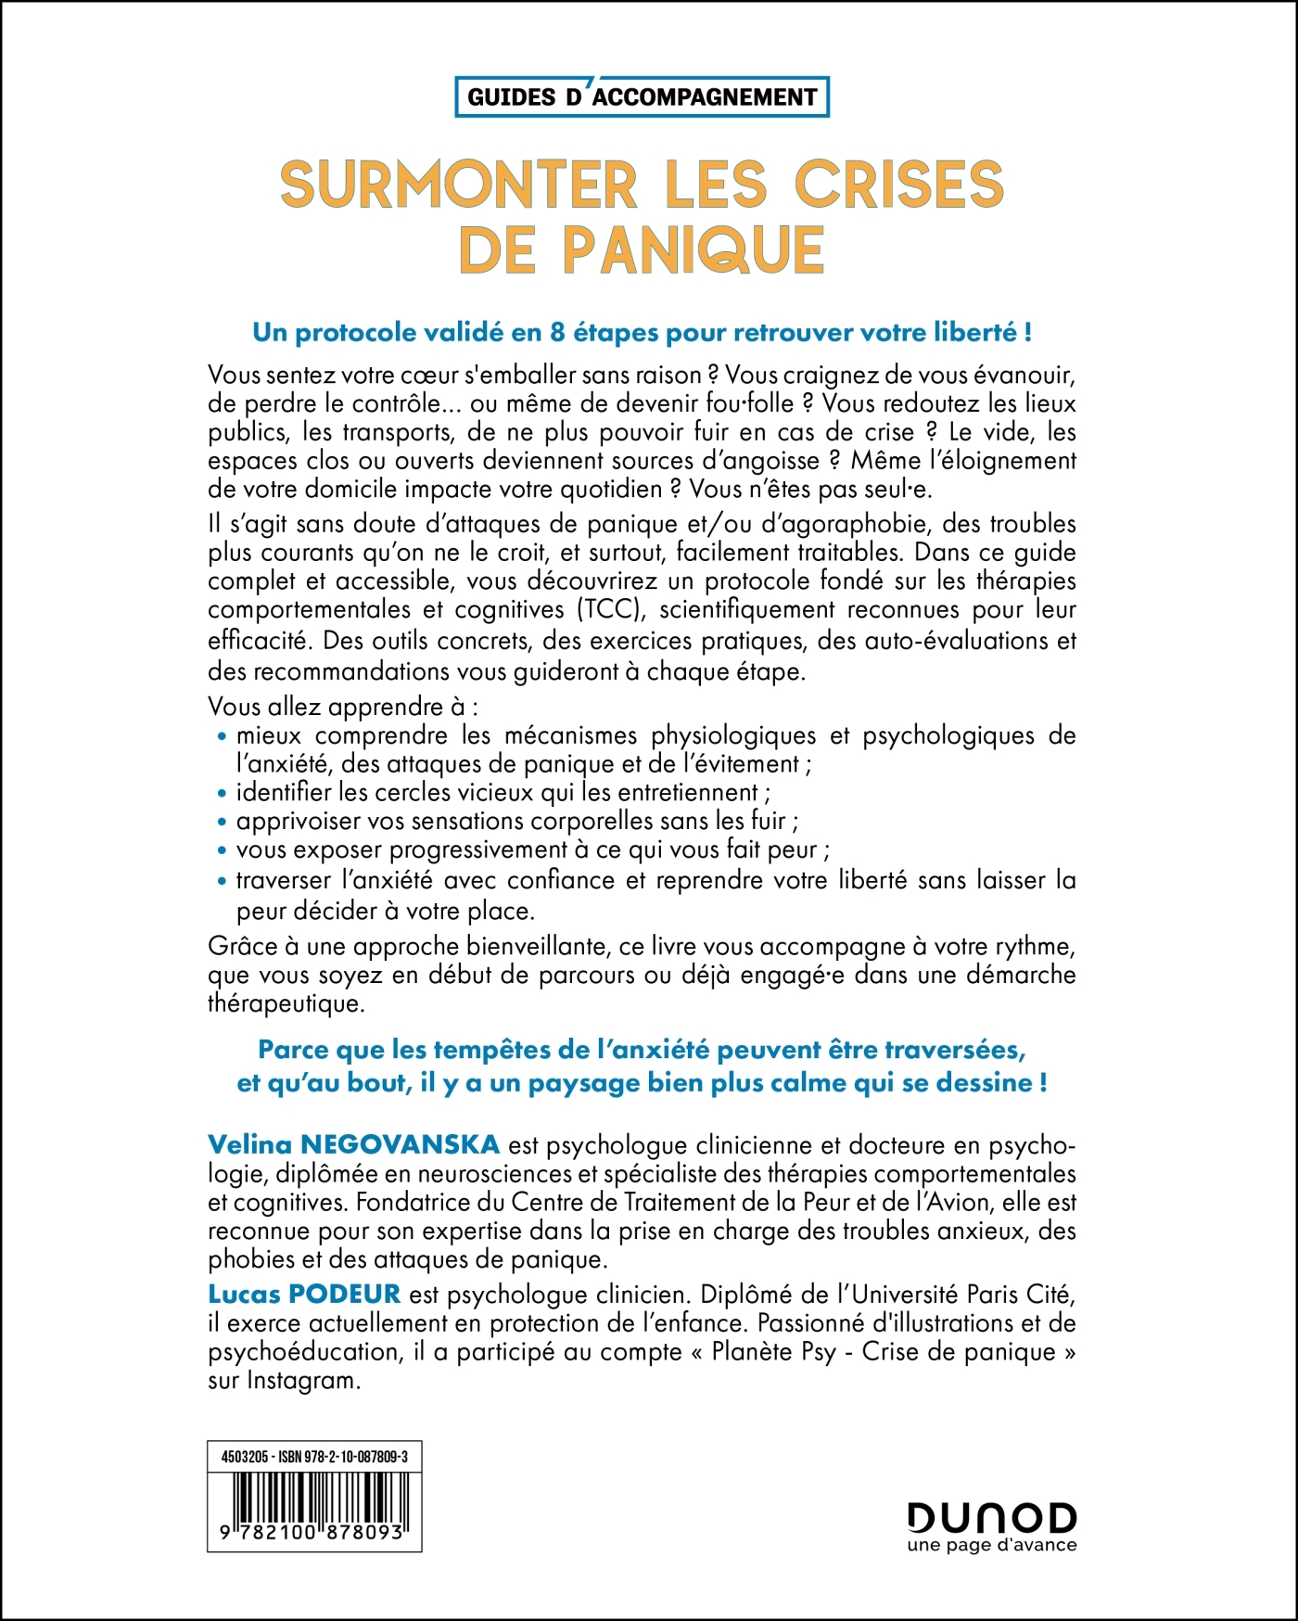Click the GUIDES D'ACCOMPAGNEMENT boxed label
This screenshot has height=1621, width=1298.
point(642,97)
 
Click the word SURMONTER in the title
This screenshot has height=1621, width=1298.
point(458,185)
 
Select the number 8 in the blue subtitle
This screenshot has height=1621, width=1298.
point(558,333)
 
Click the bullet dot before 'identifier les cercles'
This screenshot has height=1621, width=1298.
point(222,794)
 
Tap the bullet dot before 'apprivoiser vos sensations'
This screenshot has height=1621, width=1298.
point(222,823)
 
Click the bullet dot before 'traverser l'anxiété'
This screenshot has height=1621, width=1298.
point(222,881)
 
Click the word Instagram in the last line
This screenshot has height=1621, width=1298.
point(302,1380)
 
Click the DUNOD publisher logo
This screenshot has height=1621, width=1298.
point(991,1518)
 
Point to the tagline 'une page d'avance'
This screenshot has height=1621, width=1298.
point(991,1545)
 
